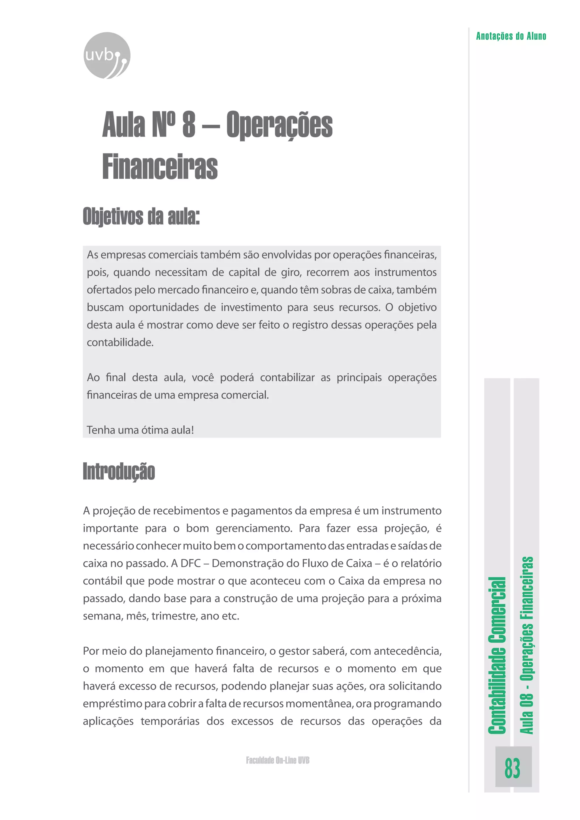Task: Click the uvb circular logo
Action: [x=107, y=56]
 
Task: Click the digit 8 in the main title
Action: [x=189, y=124]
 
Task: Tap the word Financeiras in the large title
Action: [x=160, y=167]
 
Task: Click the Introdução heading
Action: [x=119, y=471]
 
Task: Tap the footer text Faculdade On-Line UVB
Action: [x=278, y=760]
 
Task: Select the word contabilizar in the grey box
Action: [x=287, y=377]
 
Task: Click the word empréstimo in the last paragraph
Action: [x=112, y=703]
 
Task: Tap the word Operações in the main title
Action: [x=279, y=125]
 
